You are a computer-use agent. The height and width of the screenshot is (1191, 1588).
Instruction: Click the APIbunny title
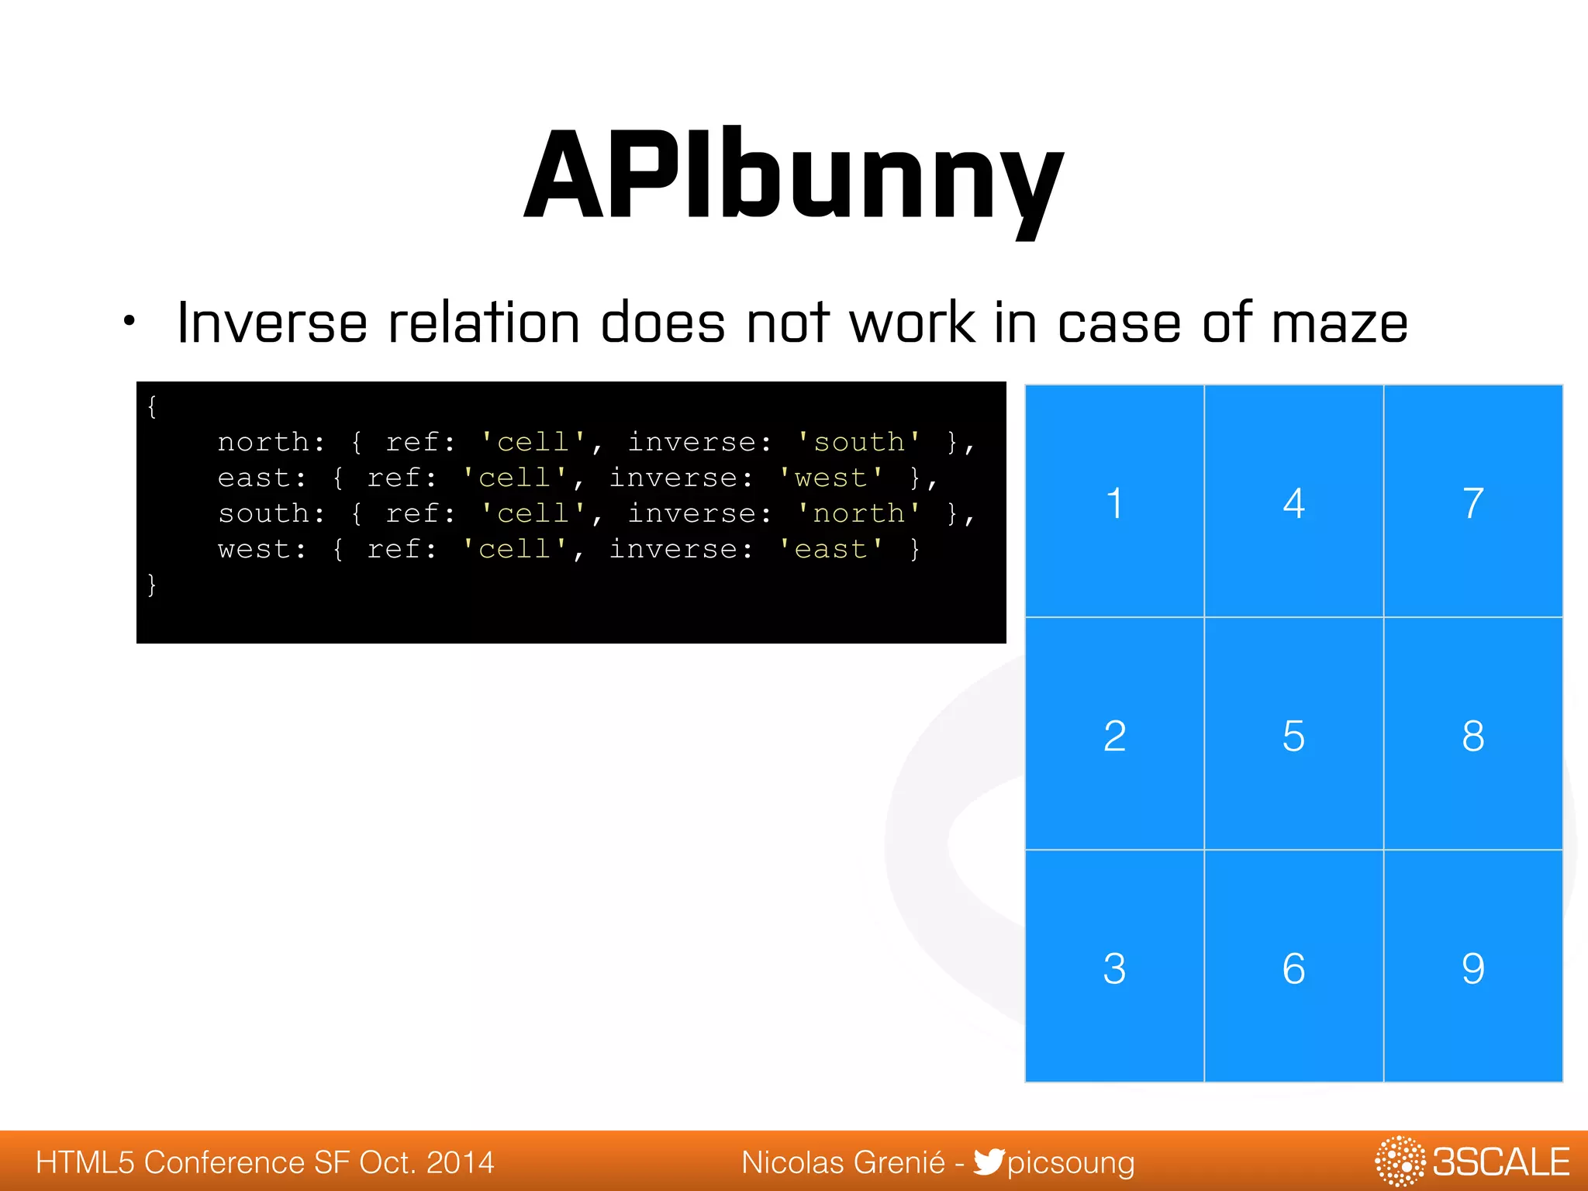click(x=794, y=177)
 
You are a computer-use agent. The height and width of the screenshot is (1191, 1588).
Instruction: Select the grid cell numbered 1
click(x=1114, y=502)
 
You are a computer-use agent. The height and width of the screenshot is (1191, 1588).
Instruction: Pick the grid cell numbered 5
click(x=1293, y=734)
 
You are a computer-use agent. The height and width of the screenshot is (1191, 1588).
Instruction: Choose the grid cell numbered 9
click(x=1472, y=967)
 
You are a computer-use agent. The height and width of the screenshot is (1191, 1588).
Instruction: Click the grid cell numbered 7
click(x=1472, y=502)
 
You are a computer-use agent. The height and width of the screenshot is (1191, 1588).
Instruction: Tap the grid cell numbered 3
click(x=1114, y=967)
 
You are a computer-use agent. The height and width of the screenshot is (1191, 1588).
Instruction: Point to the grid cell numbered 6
click(x=1293, y=967)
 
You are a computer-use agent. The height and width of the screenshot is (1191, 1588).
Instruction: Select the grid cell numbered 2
click(x=1114, y=734)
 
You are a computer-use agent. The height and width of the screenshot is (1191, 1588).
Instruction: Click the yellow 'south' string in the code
click(x=859, y=442)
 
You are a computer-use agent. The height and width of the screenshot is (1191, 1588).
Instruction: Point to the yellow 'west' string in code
click(x=831, y=478)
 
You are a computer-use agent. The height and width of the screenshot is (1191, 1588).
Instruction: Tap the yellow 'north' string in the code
click(x=859, y=513)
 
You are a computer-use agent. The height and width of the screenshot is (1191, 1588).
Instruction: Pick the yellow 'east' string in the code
click(x=831, y=549)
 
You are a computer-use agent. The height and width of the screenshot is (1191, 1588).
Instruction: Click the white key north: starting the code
click(x=271, y=442)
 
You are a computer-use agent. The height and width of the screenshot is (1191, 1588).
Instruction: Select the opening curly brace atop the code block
click(x=152, y=406)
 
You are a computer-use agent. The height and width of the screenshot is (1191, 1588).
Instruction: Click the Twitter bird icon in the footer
click(x=989, y=1162)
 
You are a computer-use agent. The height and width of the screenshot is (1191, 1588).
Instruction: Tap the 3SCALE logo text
click(x=1500, y=1162)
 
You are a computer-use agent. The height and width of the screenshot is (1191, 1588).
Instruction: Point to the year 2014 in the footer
click(x=460, y=1162)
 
